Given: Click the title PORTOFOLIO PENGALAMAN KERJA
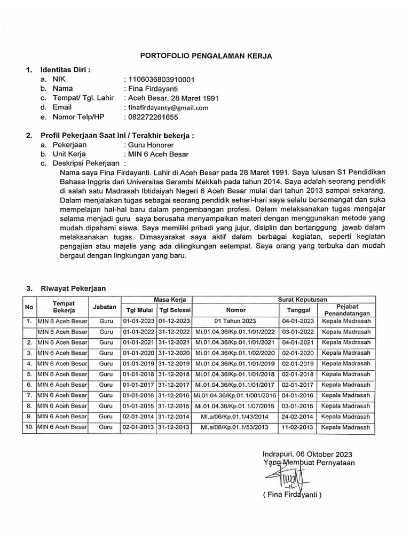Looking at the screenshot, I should [x=206, y=56].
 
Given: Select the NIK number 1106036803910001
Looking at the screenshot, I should [x=160, y=80].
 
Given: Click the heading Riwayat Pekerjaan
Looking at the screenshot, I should [x=73, y=288].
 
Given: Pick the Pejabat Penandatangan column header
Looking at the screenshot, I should [x=345, y=310].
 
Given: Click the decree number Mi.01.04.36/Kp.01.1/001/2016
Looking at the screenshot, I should [x=235, y=395].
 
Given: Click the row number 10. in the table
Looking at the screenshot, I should [x=28, y=427].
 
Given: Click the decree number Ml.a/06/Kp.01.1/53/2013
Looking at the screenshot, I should [x=235, y=427].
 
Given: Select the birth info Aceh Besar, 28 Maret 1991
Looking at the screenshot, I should [x=171, y=98].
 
